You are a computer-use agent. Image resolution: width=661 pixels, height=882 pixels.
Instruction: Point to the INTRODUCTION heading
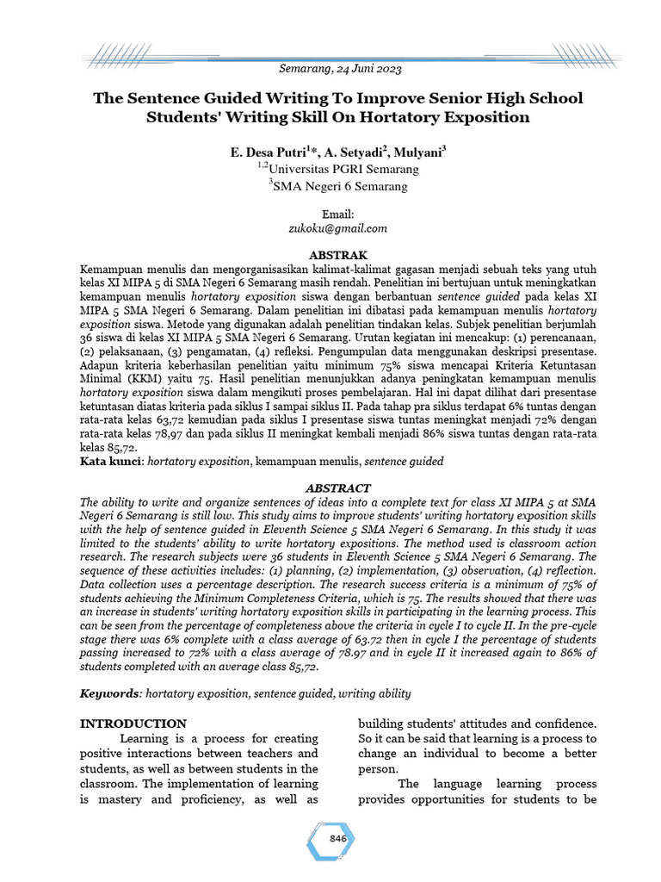(133, 724)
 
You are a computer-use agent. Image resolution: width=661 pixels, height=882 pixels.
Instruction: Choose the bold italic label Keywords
(110, 693)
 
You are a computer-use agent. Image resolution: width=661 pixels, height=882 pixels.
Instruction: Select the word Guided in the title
(219, 98)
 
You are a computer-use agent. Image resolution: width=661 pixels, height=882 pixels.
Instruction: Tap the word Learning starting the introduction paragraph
(147, 739)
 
